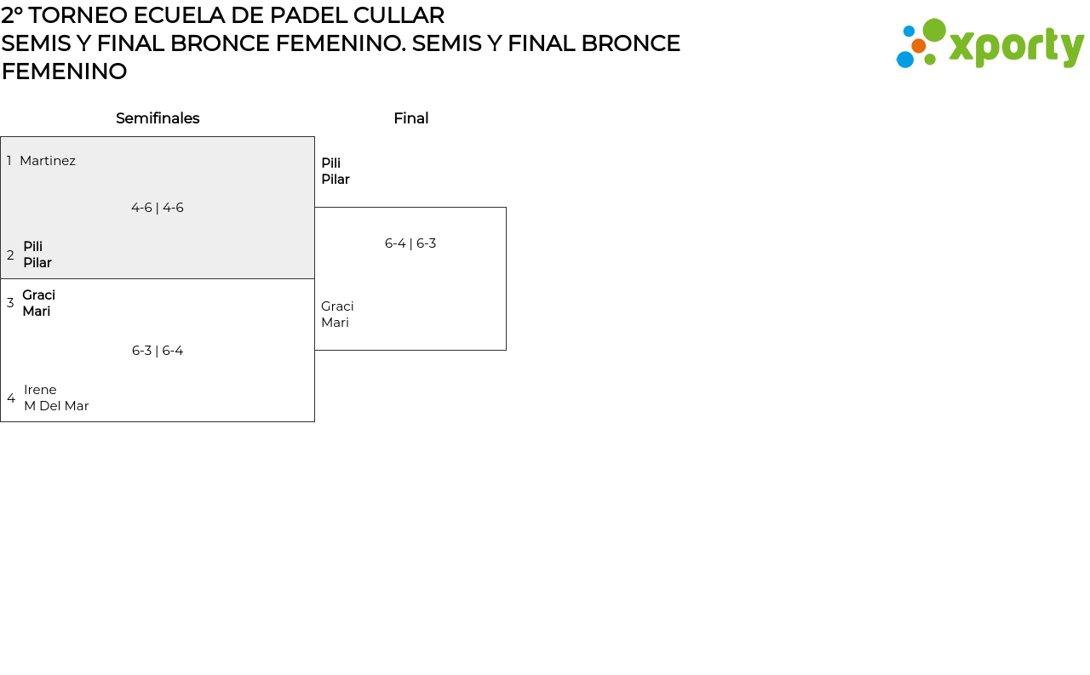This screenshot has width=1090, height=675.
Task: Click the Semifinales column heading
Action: click(x=158, y=118)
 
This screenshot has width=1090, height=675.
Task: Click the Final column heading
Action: click(x=410, y=118)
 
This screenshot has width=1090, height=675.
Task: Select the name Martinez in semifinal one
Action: click(x=48, y=161)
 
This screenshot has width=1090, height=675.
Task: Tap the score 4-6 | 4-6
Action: click(x=158, y=208)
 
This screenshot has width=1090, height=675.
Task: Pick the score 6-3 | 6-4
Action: click(x=158, y=351)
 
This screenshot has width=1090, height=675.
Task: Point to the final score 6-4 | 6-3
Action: click(x=410, y=243)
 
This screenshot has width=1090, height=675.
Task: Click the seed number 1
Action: click(x=9, y=161)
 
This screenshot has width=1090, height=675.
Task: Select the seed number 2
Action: click(x=10, y=255)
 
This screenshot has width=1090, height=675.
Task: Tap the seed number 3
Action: click(x=10, y=303)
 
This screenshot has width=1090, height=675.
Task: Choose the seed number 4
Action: click(x=11, y=398)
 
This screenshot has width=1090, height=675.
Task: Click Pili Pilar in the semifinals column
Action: click(x=37, y=255)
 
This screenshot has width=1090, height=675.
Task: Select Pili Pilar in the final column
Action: click(x=336, y=171)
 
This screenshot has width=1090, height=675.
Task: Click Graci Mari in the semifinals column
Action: click(x=39, y=303)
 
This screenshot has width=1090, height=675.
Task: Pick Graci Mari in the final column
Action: click(x=337, y=314)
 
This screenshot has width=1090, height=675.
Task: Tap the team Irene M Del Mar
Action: click(x=56, y=398)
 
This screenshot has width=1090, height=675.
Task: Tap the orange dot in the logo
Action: click(x=919, y=45)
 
